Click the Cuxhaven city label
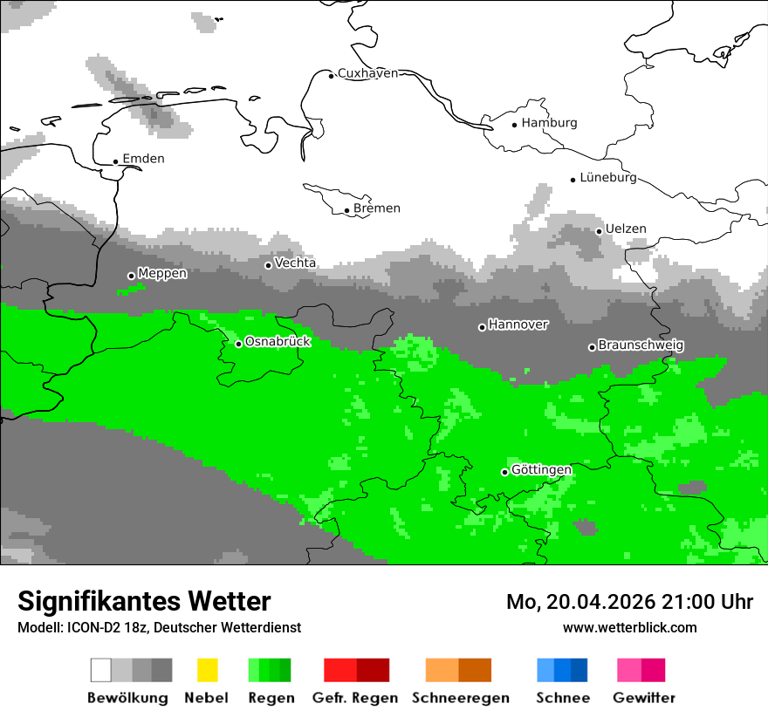pos(367,73)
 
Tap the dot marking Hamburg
pos(515,124)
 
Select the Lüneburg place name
pos(608,177)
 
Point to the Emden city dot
pos(116,161)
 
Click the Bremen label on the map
pos(377,208)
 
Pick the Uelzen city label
pos(626,229)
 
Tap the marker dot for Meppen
pos(132,276)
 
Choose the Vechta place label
pos(296,263)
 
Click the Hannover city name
pos(518,324)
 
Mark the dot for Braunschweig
pos(592,347)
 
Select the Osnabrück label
pos(278,342)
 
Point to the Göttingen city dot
pos(504,472)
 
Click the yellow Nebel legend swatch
pos(207,670)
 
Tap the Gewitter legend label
pos(644,698)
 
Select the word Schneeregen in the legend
pos(461,698)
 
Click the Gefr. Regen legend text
pos(355,698)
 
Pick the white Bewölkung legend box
pos(101,670)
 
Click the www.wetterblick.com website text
pos(629,627)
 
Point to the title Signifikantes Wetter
pos(144,601)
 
